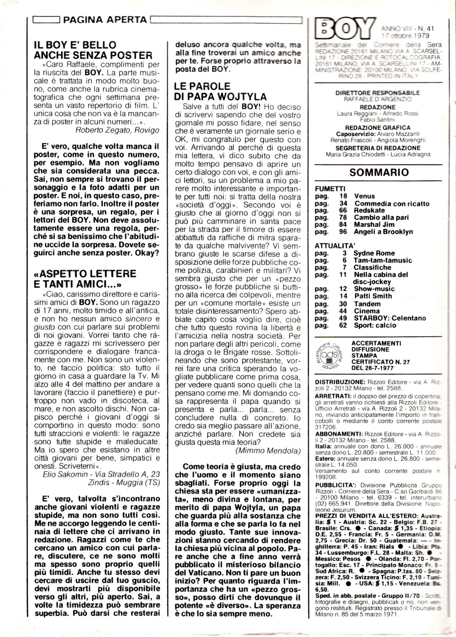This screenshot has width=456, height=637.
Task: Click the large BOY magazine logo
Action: coord(342,31)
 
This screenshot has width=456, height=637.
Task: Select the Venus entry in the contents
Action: coord(364,196)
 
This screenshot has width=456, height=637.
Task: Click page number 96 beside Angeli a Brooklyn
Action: coord(343,232)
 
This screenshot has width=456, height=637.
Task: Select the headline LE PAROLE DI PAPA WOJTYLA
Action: coord(220,91)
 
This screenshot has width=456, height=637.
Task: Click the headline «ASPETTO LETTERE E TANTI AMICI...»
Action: coord(85,279)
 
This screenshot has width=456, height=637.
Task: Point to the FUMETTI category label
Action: coord(330,189)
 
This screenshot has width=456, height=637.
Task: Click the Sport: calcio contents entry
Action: coord(374,325)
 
